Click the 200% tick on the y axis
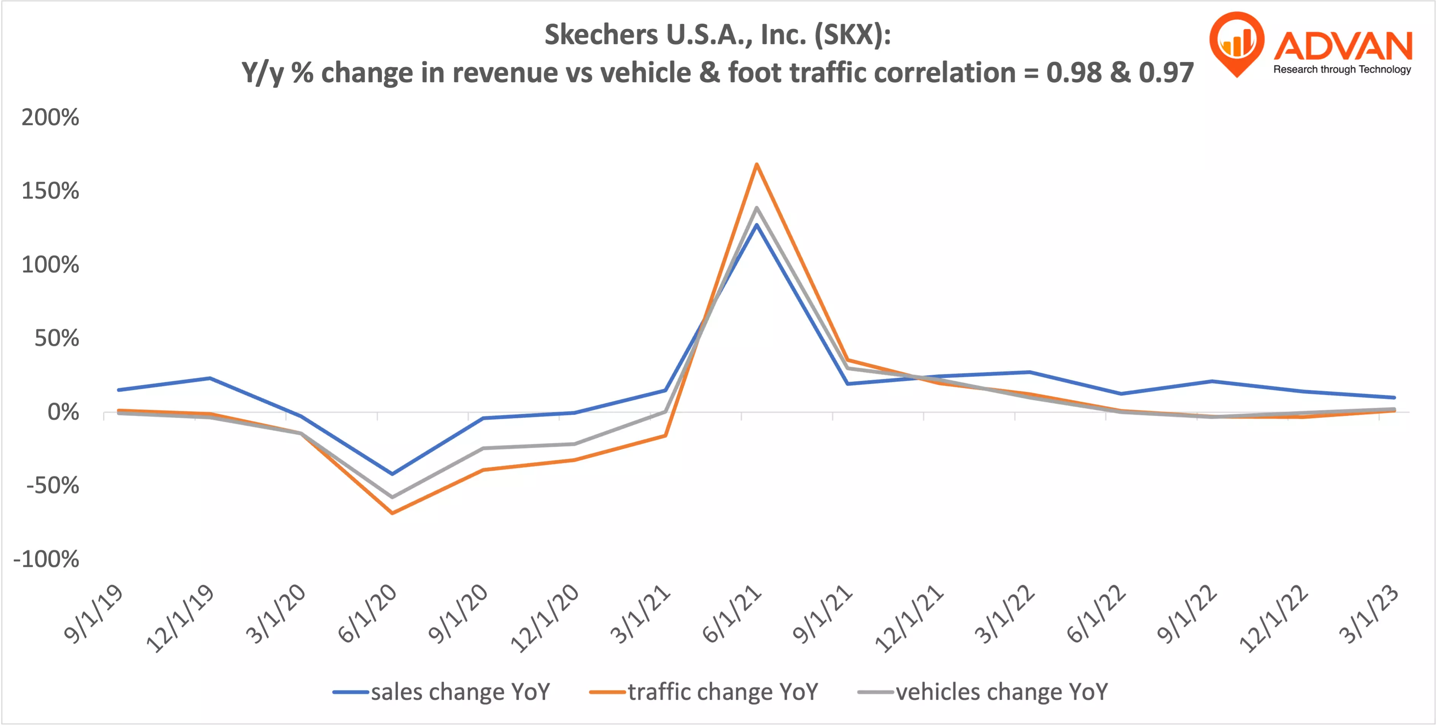pyautogui.click(x=50, y=118)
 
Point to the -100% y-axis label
pyautogui.click(x=46, y=559)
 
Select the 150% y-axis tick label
pyautogui.click(x=50, y=191)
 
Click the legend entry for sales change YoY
pyautogui.click(x=441, y=692)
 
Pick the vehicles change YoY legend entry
pyautogui.click(x=982, y=692)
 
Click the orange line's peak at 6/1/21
pyautogui.click(x=756, y=164)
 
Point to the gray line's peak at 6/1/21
pyautogui.click(x=756, y=208)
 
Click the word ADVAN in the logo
pyautogui.click(x=1343, y=47)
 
